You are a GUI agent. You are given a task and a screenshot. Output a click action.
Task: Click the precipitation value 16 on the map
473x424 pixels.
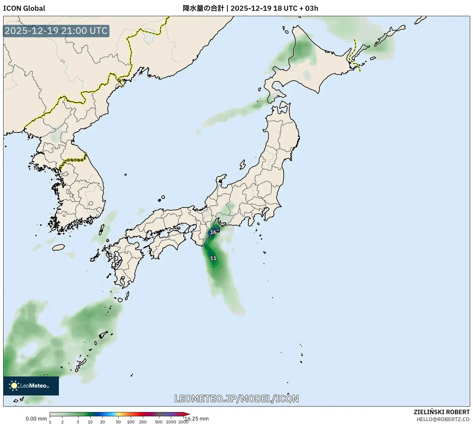213,232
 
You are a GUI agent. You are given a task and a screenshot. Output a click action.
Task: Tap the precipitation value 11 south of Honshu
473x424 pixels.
213,258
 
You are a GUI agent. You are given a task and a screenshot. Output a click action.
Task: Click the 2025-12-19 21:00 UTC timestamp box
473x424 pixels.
56,31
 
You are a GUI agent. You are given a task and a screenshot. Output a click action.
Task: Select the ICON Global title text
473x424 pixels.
24,8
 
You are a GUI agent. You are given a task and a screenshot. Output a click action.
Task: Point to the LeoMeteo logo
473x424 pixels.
31,386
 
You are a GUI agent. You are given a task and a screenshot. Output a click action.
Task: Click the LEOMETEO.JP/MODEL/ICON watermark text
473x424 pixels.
236,398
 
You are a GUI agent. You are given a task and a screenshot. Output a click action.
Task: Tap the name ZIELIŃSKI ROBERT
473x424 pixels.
441,412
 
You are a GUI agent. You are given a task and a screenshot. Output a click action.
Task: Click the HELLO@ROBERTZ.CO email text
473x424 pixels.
443,419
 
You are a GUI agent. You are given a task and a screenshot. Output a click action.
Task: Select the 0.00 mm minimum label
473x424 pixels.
36,419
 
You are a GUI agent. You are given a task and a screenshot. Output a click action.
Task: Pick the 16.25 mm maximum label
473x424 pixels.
197,419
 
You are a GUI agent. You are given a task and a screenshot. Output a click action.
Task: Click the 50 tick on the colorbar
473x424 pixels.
118,421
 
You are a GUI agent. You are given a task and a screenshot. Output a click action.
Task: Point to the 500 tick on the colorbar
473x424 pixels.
159,421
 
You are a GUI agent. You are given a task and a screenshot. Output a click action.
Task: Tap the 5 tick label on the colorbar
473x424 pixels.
78,421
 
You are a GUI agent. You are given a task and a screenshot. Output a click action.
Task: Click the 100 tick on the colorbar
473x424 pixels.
131,421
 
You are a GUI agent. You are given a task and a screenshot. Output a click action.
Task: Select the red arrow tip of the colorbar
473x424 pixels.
187,414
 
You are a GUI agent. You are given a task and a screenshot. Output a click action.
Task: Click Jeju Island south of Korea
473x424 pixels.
59,247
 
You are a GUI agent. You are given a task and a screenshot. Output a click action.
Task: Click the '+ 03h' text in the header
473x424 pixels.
309,8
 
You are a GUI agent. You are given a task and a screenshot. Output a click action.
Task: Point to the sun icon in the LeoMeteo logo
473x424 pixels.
14,386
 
